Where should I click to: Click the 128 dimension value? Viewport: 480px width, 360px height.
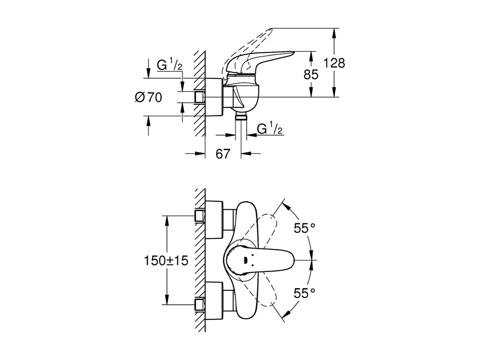334,63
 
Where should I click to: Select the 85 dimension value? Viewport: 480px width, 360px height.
311,74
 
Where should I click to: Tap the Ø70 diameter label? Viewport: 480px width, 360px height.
148,97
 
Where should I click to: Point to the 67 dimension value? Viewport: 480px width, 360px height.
222,154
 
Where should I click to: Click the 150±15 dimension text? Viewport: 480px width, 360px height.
166,261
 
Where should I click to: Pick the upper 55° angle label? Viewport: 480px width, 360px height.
304,229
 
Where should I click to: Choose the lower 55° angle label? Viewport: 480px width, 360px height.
304,293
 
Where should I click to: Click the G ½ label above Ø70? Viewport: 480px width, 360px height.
170,65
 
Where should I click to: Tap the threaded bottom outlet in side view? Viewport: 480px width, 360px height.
241,117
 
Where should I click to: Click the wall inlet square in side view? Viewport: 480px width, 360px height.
199,97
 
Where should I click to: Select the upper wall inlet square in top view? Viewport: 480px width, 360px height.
199,216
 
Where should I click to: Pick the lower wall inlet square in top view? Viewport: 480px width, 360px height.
199,304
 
